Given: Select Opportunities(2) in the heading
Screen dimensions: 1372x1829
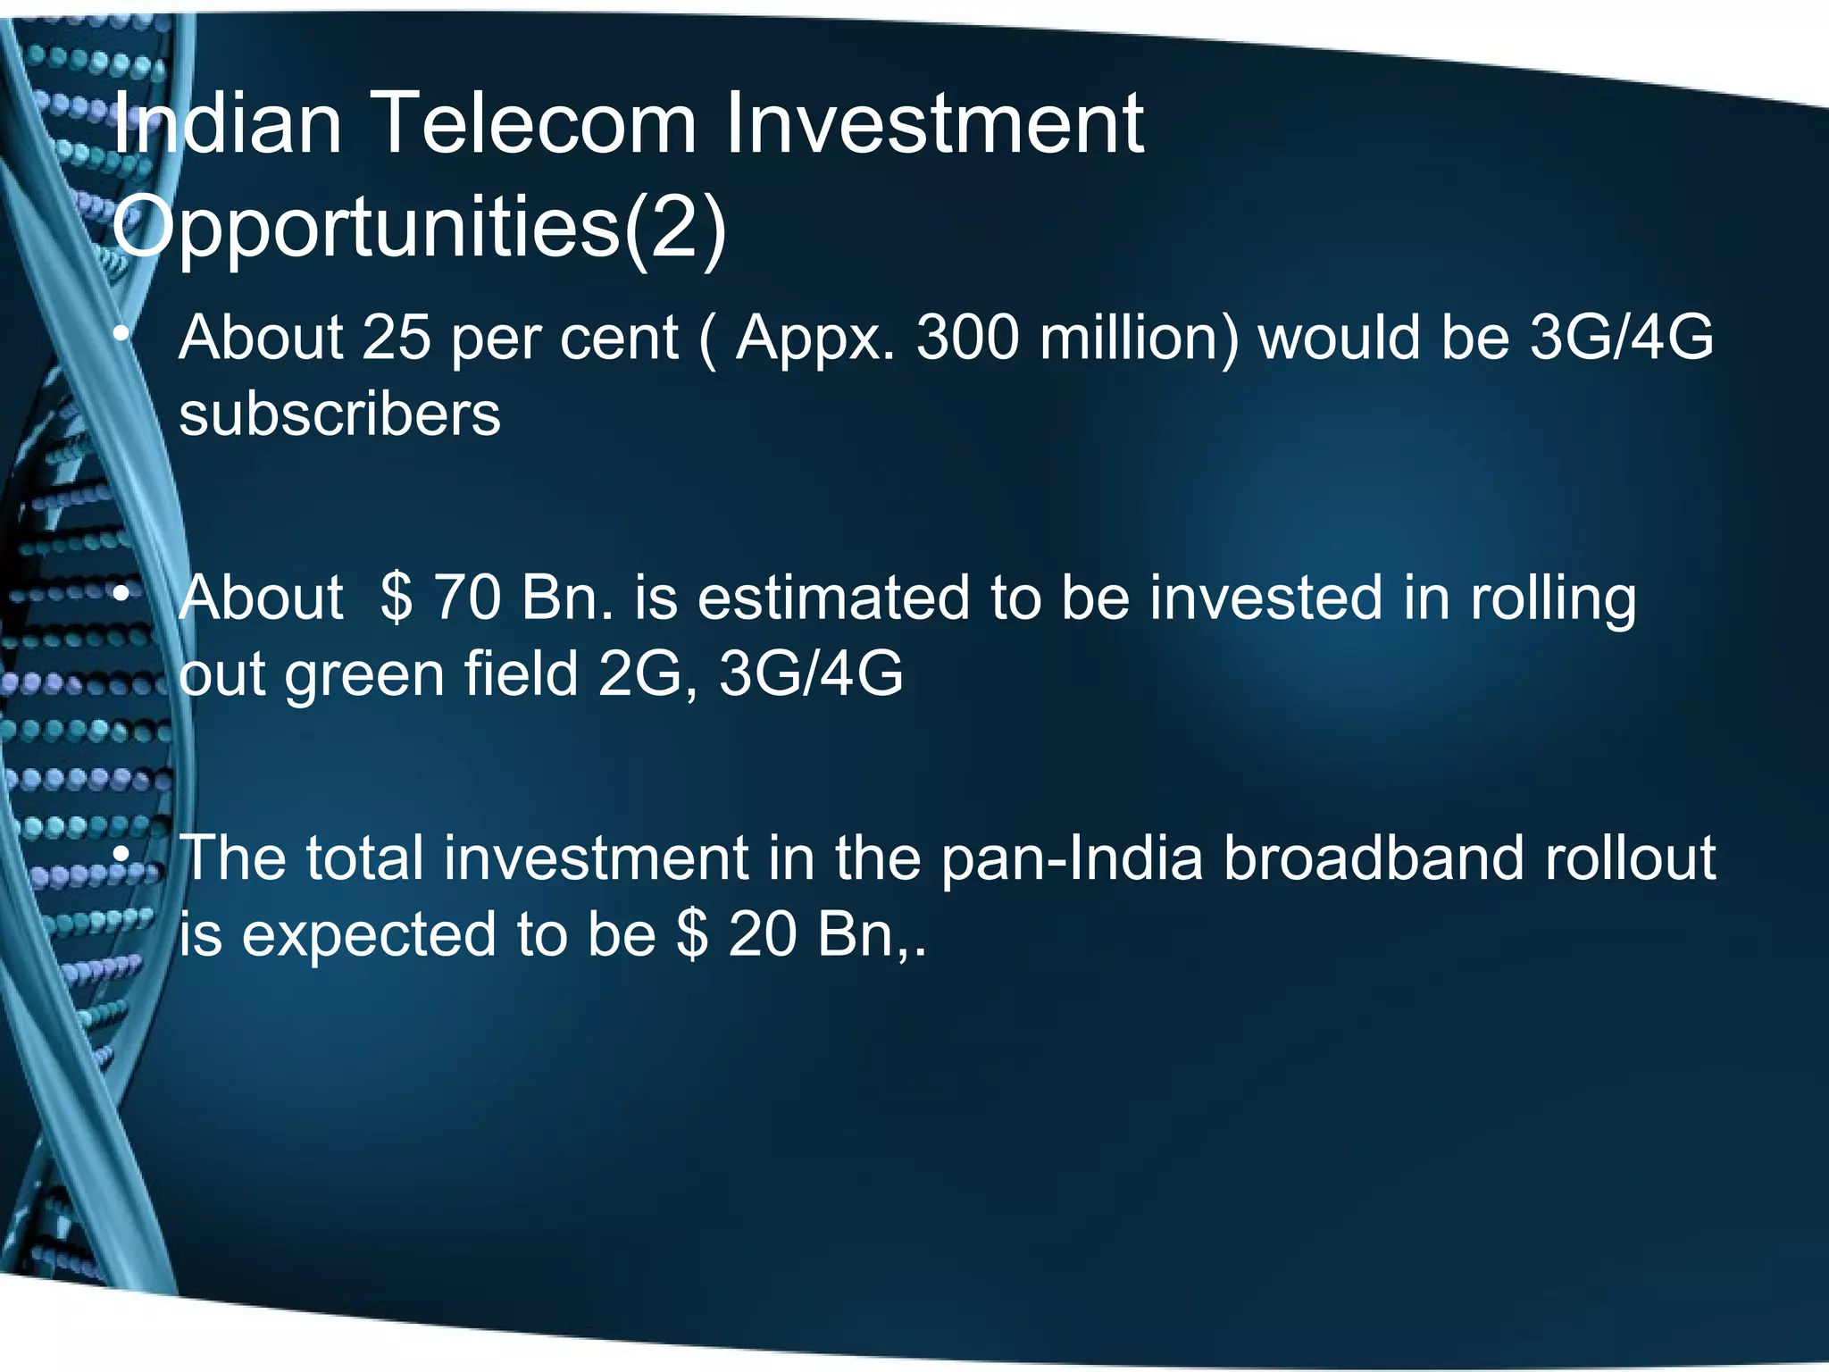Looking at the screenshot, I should click(419, 228).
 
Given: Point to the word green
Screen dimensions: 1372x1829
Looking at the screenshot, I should click(363, 674).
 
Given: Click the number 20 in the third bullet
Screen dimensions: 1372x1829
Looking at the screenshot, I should click(762, 935).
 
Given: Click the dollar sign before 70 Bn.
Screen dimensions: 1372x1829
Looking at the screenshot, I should click(396, 598).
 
